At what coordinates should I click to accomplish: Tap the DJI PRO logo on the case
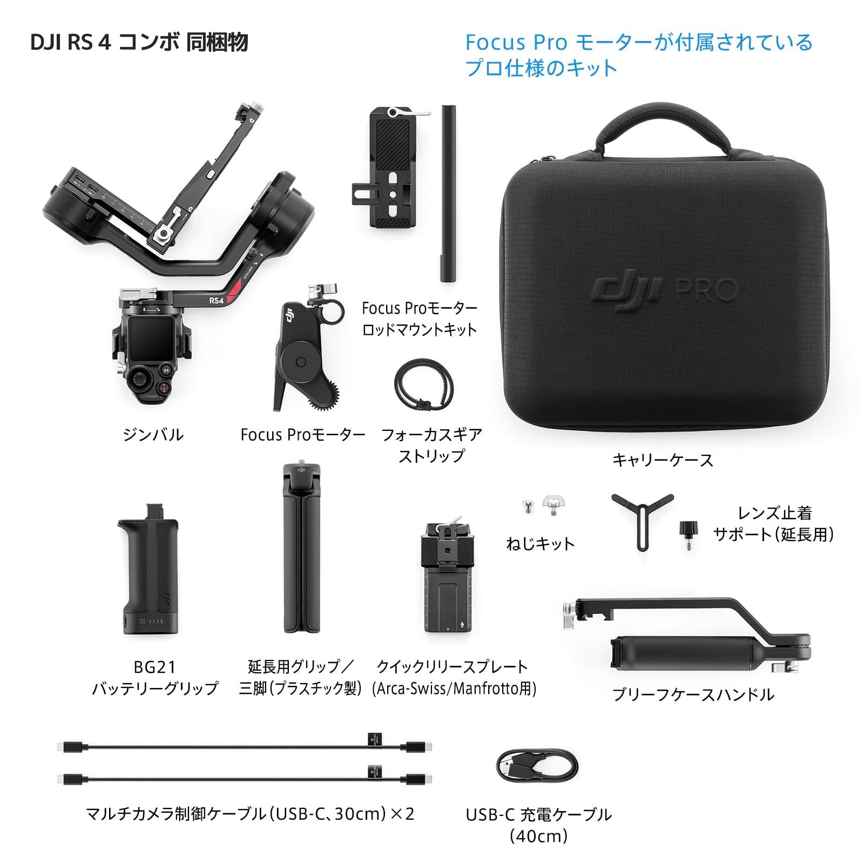click(x=664, y=291)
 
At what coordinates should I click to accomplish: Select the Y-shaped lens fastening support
click(x=642, y=518)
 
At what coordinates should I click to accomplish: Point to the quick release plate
click(x=448, y=578)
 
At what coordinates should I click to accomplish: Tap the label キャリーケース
click(x=663, y=460)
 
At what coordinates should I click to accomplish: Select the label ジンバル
click(x=153, y=434)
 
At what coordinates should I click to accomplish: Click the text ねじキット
click(x=540, y=543)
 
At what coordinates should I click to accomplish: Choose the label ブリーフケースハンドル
click(x=693, y=694)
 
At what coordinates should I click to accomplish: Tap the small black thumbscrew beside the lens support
click(x=688, y=532)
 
